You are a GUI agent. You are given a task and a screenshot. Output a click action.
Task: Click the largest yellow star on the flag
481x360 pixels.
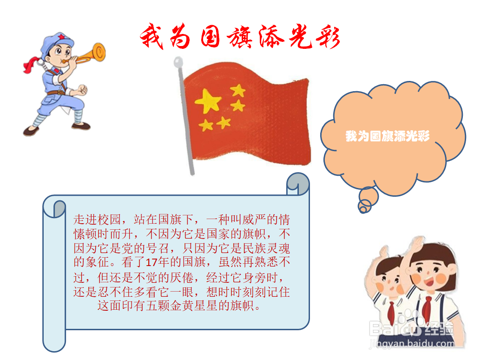click(x=208, y=101)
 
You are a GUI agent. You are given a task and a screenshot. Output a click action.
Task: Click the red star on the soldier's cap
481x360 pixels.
click(x=62, y=37)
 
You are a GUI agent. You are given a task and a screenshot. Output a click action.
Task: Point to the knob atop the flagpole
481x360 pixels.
click(x=178, y=62)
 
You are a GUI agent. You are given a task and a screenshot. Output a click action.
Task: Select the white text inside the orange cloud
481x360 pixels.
click(x=388, y=136)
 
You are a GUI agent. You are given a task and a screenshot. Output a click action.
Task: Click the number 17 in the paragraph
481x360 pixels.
click(x=152, y=262)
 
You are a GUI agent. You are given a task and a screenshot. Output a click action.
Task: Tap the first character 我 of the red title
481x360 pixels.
click(x=152, y=36)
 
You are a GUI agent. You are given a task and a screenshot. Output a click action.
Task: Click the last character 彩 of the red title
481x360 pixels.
click(x=328, y=38)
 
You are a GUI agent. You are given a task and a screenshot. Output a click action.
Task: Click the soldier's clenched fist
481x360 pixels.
click(x=82, y=89)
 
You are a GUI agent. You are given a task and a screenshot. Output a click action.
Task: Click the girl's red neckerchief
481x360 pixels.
click(x=427, y=308)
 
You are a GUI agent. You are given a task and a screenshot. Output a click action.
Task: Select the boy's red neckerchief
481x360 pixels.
click(x=391, y=313)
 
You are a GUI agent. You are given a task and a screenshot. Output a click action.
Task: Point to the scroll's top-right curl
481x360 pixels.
click(x=298, y=184)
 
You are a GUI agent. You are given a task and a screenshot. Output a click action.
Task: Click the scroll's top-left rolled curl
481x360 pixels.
click(x=54, y=207)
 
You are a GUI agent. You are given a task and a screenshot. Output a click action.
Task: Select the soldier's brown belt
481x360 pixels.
click(x=57, y=93)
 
